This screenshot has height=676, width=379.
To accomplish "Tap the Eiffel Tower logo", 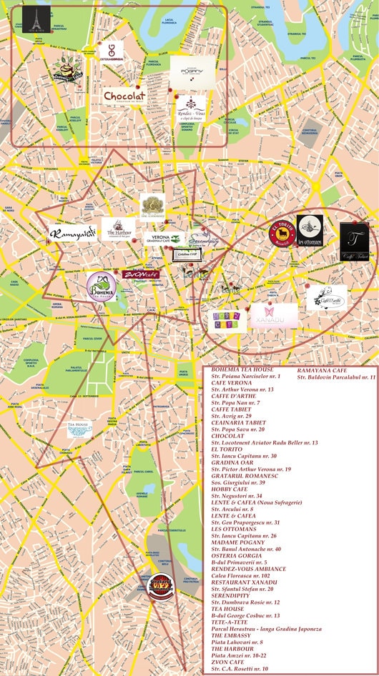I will pos(32,20).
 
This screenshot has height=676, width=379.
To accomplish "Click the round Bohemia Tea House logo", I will pos(102,286).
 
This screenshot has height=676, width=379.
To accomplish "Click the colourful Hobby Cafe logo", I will pos(227,321).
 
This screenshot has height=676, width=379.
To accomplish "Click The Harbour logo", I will pos(121,229).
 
